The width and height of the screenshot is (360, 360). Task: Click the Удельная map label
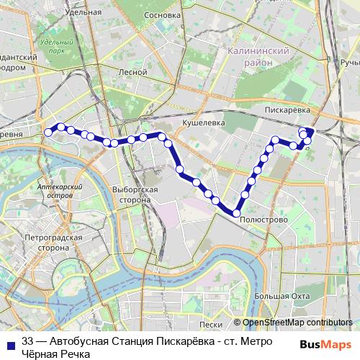[83, 12]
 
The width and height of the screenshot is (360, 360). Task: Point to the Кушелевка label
[204, 123]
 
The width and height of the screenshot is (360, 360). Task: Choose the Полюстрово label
[264, 219]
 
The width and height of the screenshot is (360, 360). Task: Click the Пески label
[210, 325]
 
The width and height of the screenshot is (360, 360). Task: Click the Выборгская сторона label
[135, 193]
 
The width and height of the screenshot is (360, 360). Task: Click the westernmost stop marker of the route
[49, 132]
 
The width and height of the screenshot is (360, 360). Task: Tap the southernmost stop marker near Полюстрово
[235, 212]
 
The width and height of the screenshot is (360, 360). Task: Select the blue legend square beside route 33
[10, 342]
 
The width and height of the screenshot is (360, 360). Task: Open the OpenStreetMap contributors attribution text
[297, 323]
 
